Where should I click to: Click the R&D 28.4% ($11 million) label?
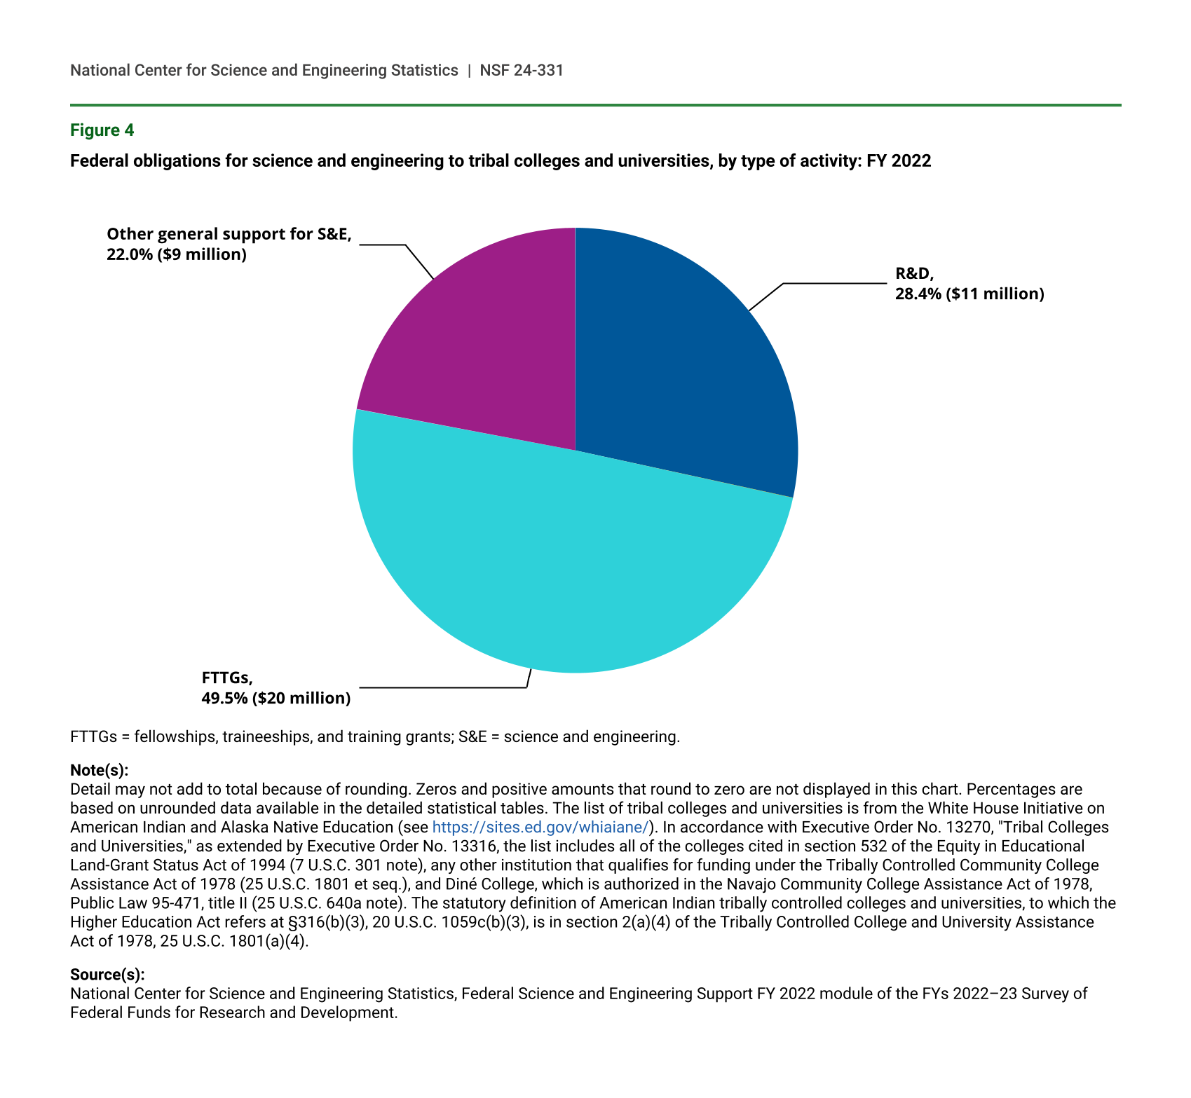pyautogui.click(x=969, y=284)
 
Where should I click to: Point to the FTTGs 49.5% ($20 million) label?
pyautogui.click(x=275, y=688)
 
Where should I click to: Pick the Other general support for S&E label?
pyautogui.click(x=229, y=244)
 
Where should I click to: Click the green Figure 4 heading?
pyautogui.click(x=102, y=130)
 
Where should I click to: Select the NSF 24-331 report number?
pyautogui.click(x=522, y=70)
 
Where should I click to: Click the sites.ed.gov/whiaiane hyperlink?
pyautogui.click(x=540, y=827)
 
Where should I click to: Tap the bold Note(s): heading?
pyautogui.click(x=100, y=770)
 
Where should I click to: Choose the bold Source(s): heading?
pyautogui.click(x=107, y=974)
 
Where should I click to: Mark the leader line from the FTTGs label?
pyautogui.click(x=442, y=687)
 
